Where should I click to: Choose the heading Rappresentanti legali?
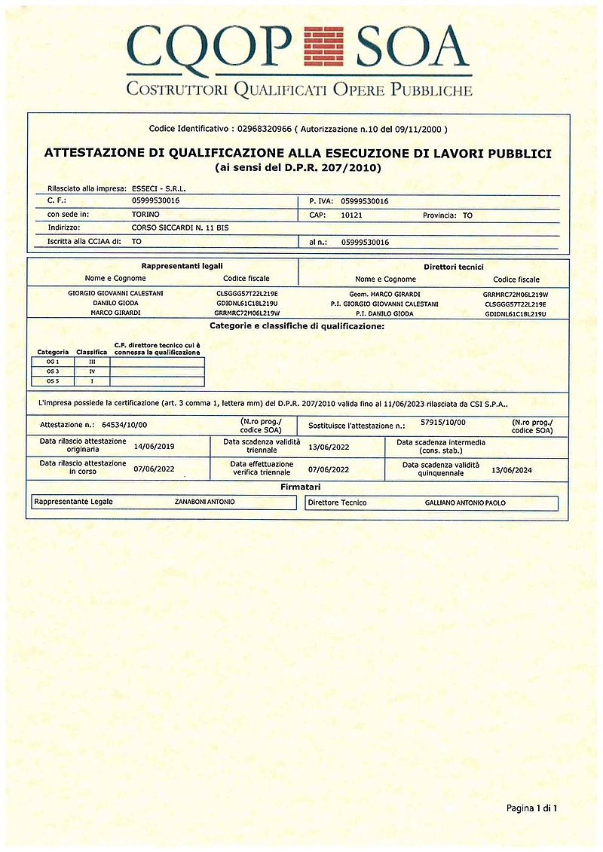[182, 266]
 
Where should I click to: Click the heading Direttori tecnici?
[454, 267]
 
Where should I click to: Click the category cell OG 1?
[53, 362]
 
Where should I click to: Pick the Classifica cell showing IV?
[92, 371]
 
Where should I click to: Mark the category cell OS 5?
[53, 381]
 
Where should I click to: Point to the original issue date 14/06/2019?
[154, 446]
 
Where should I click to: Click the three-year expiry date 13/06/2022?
[329, 446]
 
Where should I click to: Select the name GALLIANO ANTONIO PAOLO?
[464, 502]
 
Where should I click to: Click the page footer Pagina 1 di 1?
[531, 808]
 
